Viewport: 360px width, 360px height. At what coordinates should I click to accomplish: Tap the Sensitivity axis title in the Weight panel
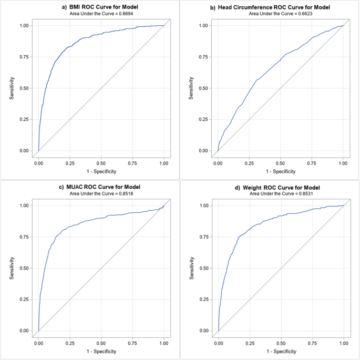[x=191, y=268]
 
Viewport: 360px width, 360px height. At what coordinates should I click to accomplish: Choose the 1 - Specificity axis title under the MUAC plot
[x=101, y=351]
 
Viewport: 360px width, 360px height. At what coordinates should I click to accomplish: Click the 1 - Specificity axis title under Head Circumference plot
[x=281, y=171]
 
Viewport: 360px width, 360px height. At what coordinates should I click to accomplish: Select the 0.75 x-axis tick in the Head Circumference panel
[x=312, y=163]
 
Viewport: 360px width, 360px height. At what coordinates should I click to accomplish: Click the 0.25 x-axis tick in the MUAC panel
[x=69, y=343]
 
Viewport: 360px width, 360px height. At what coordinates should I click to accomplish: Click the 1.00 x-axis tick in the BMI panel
[x=164, y=163]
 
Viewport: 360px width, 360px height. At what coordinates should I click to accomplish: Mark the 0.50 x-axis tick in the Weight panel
[x=281, y=343]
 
